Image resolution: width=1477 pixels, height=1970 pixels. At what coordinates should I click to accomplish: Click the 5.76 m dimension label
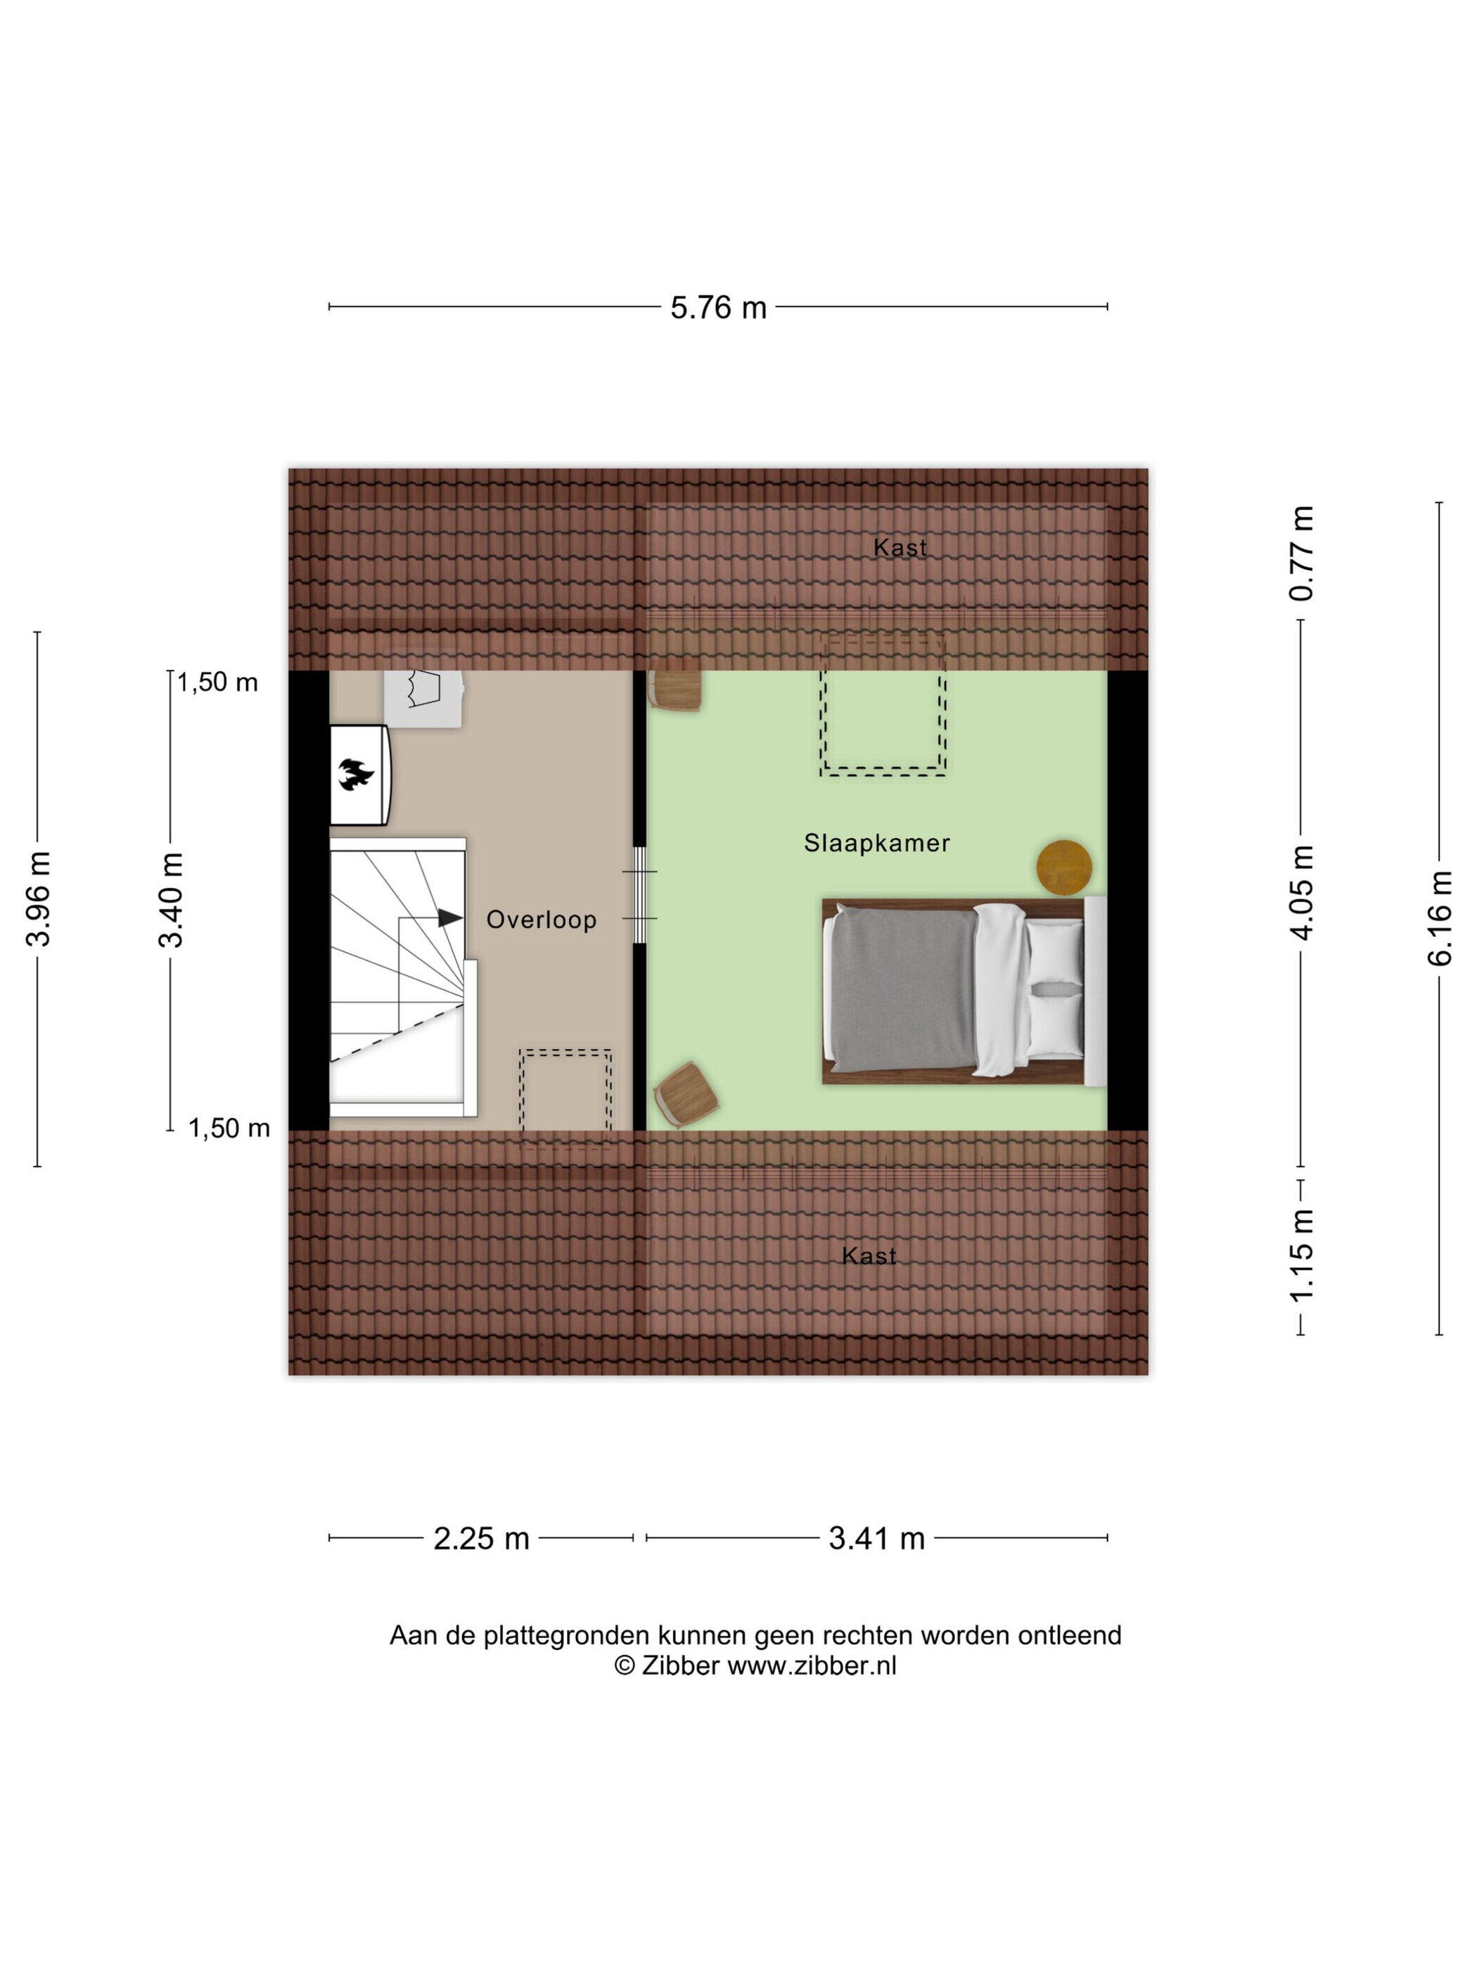point(717,307)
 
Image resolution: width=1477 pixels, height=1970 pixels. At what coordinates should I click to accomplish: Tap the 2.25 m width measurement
point(481,1538)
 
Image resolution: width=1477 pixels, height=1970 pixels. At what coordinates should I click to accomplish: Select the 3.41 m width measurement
point(876,1538)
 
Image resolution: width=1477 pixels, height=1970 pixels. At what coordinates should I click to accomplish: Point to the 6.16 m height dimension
point(1440,918)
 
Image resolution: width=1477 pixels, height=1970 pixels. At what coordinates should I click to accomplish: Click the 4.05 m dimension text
point(1302,892)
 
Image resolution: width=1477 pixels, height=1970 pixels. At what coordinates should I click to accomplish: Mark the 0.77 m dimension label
point(1302,553)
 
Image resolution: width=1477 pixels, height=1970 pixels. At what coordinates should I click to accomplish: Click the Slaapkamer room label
point(876,842)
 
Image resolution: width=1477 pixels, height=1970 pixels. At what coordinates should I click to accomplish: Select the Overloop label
point(542,919)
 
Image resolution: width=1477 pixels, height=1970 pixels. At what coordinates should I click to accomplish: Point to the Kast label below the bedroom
point(868,1256)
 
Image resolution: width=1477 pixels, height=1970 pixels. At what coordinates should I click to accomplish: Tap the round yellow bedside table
point(1064,868)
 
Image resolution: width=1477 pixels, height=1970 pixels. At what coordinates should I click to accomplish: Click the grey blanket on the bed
point(901,988)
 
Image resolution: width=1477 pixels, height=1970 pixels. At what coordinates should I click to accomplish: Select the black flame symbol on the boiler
point(355,774)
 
